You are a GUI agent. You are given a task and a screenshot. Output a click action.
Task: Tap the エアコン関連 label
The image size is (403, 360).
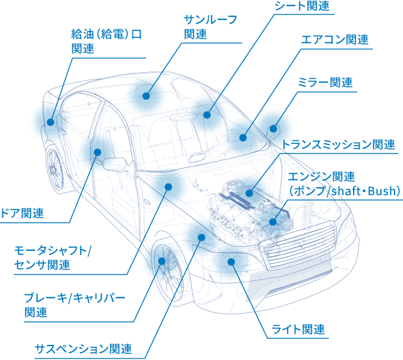[335, 40]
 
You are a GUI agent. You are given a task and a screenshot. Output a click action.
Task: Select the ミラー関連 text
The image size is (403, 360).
[325, 83]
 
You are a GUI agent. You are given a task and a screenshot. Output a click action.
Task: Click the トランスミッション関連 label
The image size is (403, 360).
[338, 144]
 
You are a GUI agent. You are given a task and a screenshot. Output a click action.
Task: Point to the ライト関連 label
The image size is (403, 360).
[298, 329]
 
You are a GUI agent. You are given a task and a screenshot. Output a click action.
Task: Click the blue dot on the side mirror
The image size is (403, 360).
[274, 128]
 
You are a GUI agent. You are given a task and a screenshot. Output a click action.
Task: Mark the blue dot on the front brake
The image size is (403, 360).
[161, 261]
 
